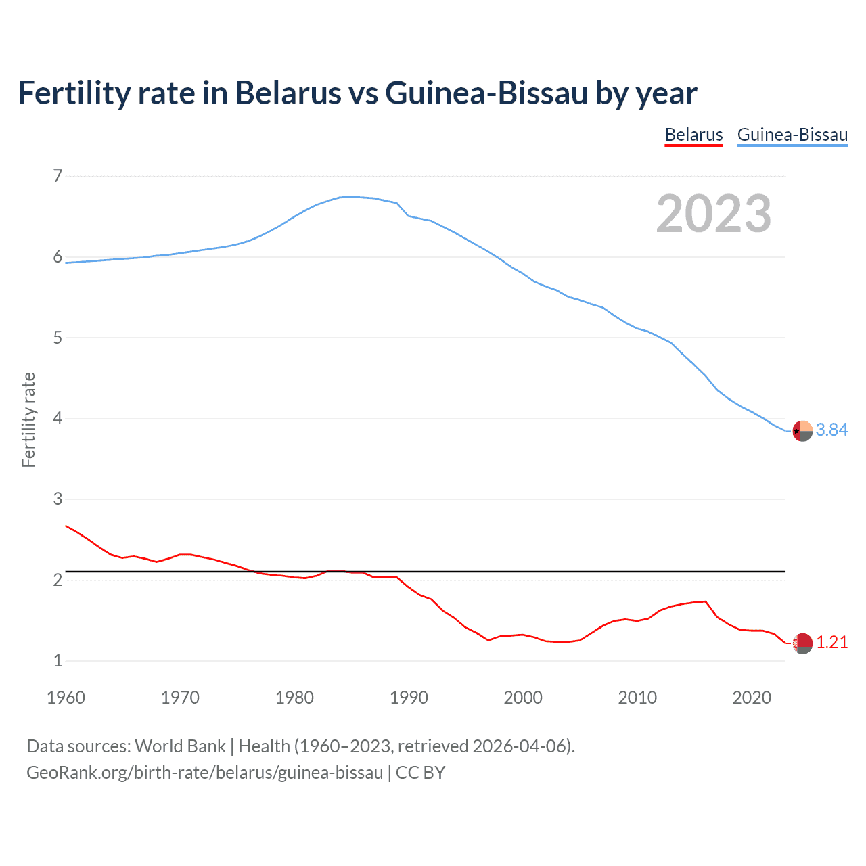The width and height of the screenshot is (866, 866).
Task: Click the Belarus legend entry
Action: [693, 135]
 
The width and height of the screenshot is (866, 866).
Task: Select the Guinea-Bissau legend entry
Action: [792, 135]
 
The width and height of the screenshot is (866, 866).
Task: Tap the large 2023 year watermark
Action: [714, 213]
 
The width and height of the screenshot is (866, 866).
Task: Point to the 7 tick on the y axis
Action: [58, 177]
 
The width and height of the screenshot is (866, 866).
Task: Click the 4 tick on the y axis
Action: [58, 419]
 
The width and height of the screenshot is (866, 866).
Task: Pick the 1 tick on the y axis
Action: [58, 661]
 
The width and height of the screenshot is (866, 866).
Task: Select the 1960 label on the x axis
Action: [66, 698]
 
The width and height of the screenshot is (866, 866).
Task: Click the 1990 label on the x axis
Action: [409, 698]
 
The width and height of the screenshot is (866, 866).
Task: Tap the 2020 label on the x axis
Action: [752, 698]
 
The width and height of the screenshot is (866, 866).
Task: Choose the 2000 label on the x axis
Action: [523, 698]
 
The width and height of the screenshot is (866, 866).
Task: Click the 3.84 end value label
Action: [831, 430]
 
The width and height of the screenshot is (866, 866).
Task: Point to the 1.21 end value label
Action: [831, 643]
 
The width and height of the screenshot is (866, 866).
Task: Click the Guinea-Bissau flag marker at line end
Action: [802, 431]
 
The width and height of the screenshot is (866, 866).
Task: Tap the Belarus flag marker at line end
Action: [802, 643]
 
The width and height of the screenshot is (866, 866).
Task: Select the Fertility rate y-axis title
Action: [28, 419]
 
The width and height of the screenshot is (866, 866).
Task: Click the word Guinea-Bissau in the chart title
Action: [486, 93]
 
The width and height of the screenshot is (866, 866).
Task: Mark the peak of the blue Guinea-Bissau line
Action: [350, 196]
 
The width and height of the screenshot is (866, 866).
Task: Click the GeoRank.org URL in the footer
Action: [205, 773]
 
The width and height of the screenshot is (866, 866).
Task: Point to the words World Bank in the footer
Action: [180, 746]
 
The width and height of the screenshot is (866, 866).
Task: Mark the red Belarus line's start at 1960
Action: [66, 526]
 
